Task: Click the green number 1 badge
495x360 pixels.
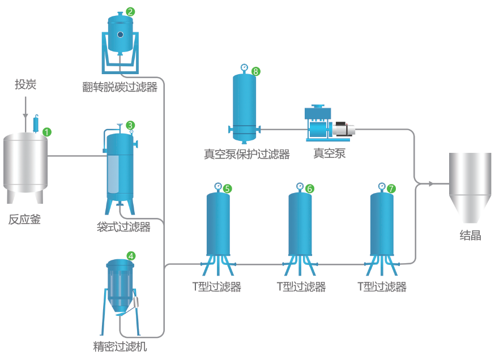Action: (x=47, y=132)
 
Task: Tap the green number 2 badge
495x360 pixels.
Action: (x=130, y=11)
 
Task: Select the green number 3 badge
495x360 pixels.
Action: (x=130, y=125)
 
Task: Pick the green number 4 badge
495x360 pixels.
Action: (x=131, y=256)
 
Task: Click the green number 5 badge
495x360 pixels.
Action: (x=227, y=188)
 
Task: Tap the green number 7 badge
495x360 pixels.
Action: (x=391, y=188)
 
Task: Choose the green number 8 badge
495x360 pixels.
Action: (x=255, y=71)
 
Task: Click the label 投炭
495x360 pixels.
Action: (x=25, y=85)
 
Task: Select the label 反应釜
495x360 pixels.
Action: (x=25, y=220)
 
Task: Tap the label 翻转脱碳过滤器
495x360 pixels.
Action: (x=120, y=87)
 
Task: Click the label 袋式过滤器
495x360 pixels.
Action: (x=123, y=228)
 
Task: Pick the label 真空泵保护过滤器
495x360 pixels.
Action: (x=247, y=154)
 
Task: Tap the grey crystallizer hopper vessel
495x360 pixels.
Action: (x=470, y=187)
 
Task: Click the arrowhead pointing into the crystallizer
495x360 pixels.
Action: (x=431, y=183)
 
